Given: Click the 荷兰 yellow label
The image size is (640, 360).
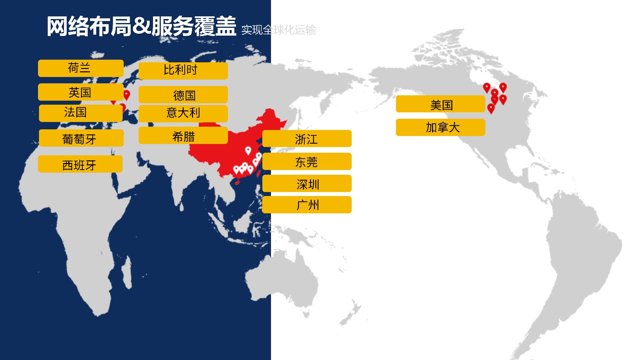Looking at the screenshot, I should [x=81, y=68].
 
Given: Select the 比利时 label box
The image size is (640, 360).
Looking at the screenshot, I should [x=183, y=71].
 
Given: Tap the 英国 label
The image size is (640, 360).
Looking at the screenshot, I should [x=81, y=92].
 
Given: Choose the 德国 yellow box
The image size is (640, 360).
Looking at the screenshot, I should [x=183, y=95].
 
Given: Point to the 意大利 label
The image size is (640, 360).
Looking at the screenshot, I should [x=183, y=113].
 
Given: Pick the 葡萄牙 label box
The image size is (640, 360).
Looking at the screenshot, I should [x=81, y=138].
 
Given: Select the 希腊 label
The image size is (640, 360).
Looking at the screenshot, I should [x=183, y=136].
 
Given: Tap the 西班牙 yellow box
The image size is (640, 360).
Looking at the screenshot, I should [x=80, y=164].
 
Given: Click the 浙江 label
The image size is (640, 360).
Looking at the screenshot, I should [x=307, y=139].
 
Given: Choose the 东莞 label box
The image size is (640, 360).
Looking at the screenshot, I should [x=307, y=162].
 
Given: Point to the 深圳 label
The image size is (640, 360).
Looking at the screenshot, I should [x=307, y=184].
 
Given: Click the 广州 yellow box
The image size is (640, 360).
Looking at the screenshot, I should [x=307, y=205].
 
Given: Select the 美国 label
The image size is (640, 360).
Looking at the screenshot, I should [x=440, y=104].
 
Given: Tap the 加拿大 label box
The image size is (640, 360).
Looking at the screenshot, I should [x=440, y=127].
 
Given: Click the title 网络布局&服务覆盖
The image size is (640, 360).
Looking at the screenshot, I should [x=141, y=26].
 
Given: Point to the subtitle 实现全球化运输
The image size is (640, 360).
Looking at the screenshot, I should [x=278, y=30].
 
